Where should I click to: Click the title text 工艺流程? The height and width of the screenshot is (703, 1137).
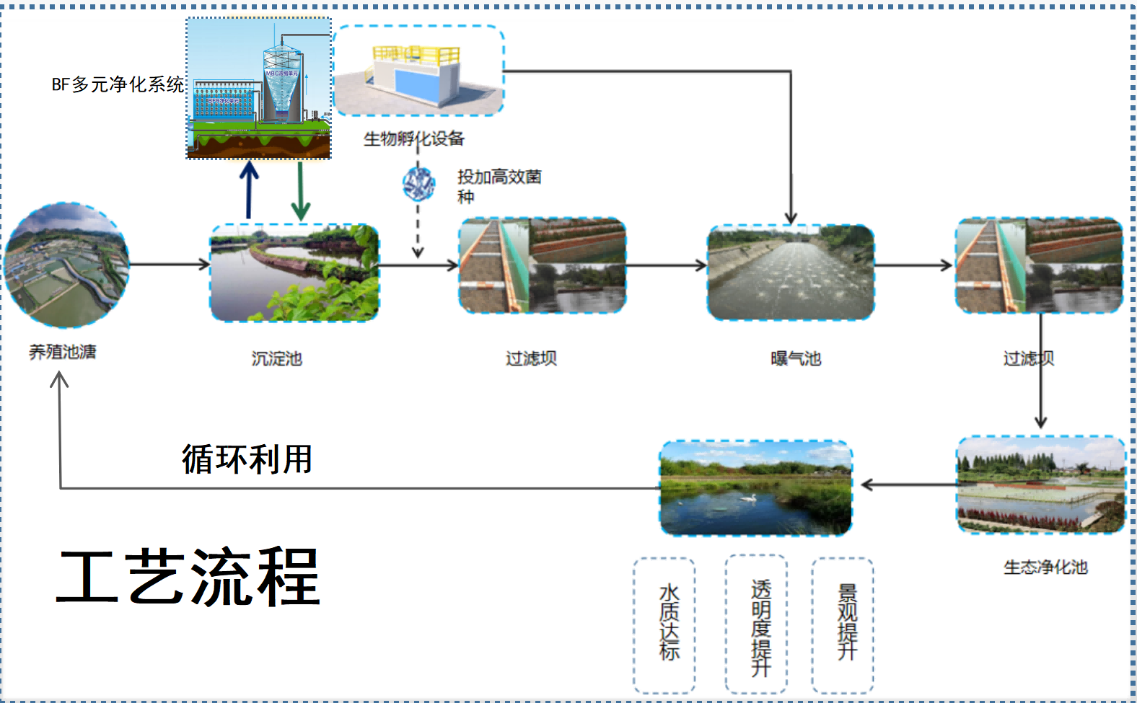tap(188, 577)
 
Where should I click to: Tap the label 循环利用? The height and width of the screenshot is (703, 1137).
tap(247, 459)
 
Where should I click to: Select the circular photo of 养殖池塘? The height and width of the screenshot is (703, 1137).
tap(66, 265)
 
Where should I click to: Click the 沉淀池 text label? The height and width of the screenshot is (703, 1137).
tap(276, 358)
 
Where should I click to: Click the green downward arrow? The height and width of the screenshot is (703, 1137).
tap(301, 191)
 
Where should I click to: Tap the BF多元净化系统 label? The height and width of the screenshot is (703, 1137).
tap(118, 84)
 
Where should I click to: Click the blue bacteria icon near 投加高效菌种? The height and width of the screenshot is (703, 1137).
tap(418, 183)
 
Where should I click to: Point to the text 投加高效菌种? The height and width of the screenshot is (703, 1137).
tap(499, 186)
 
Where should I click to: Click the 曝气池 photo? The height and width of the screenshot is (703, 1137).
tap(791, 272)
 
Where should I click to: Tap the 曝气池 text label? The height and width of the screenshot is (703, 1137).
tap(796, 358)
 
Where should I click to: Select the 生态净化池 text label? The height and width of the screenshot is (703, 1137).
tap(1045, 567)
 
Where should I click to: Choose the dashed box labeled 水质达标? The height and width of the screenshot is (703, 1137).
tap(664, 624)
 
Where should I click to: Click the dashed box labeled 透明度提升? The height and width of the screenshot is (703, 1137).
tap(756, 624)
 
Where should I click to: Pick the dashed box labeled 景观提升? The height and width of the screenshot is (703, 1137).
tap(843, 624)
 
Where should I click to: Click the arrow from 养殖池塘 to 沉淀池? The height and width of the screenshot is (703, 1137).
tap(170, 265)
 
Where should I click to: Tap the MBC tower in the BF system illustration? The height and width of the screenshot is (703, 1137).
tap(281, 83)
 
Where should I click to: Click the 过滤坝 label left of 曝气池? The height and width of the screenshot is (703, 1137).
tap(531, 358)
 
